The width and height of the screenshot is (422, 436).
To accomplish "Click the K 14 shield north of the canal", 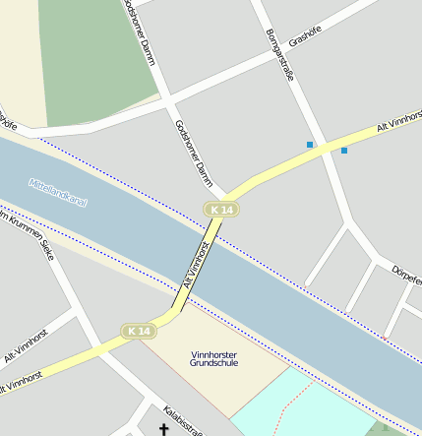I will coord(222,210).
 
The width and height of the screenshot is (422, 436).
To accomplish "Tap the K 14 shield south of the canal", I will coord(140,332).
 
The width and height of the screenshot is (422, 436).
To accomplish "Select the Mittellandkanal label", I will coord(58,191).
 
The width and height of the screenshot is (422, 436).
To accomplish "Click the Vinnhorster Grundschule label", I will coord(213,358).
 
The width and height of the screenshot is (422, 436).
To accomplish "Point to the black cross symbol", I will coord(164,429).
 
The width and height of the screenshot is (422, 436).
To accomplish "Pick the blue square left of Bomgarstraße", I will coord(310,145).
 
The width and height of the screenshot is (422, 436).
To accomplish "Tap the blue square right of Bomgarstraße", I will coord(344,151).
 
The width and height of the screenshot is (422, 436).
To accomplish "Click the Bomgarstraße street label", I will coord(280,54).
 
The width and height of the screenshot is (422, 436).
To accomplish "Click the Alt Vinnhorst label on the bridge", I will coord(195,264).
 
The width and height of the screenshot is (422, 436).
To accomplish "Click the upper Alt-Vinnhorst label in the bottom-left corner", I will coord(26,345).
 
